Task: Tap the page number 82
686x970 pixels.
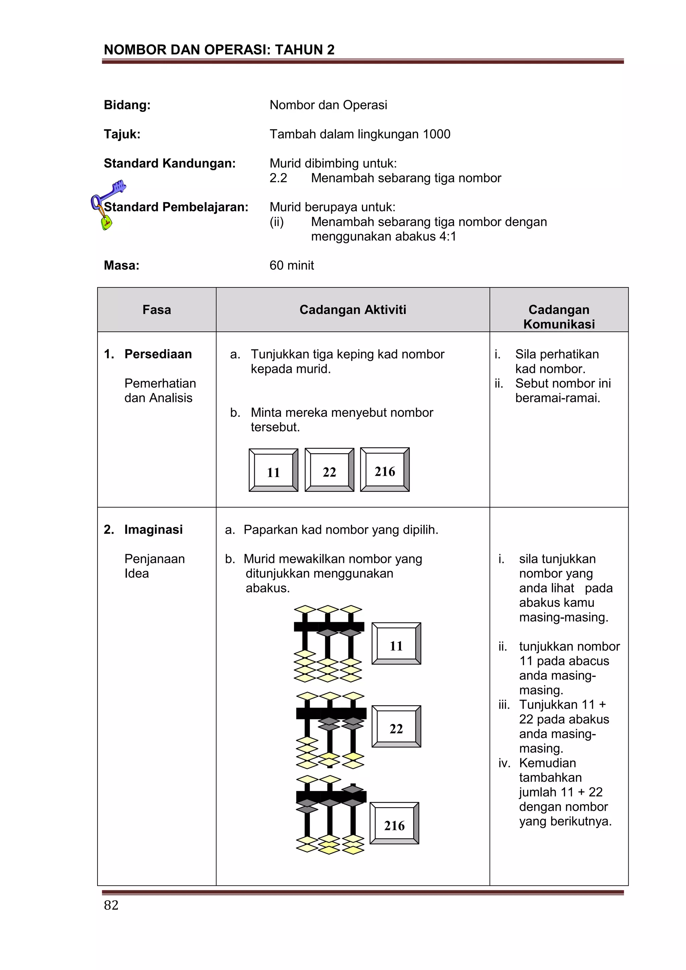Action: [111, 905]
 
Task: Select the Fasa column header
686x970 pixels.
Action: [157, 310]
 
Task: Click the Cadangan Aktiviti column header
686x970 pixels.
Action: [353, 310]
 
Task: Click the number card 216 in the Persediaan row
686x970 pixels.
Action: [385, 470]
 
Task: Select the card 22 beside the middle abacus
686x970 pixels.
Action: [396, 727]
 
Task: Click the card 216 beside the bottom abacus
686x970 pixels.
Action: [395, 824]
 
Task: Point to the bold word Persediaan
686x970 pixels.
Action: [158, 354]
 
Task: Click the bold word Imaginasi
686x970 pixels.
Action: [153, 529]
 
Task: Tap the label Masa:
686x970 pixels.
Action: [122, 265]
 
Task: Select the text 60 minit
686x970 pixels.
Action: [292, 265]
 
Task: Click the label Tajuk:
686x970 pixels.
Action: [122, 134]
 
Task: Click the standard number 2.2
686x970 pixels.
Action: [278, 178]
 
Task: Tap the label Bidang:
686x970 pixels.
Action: [127, 105]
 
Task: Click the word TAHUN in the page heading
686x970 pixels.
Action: [299, 50]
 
